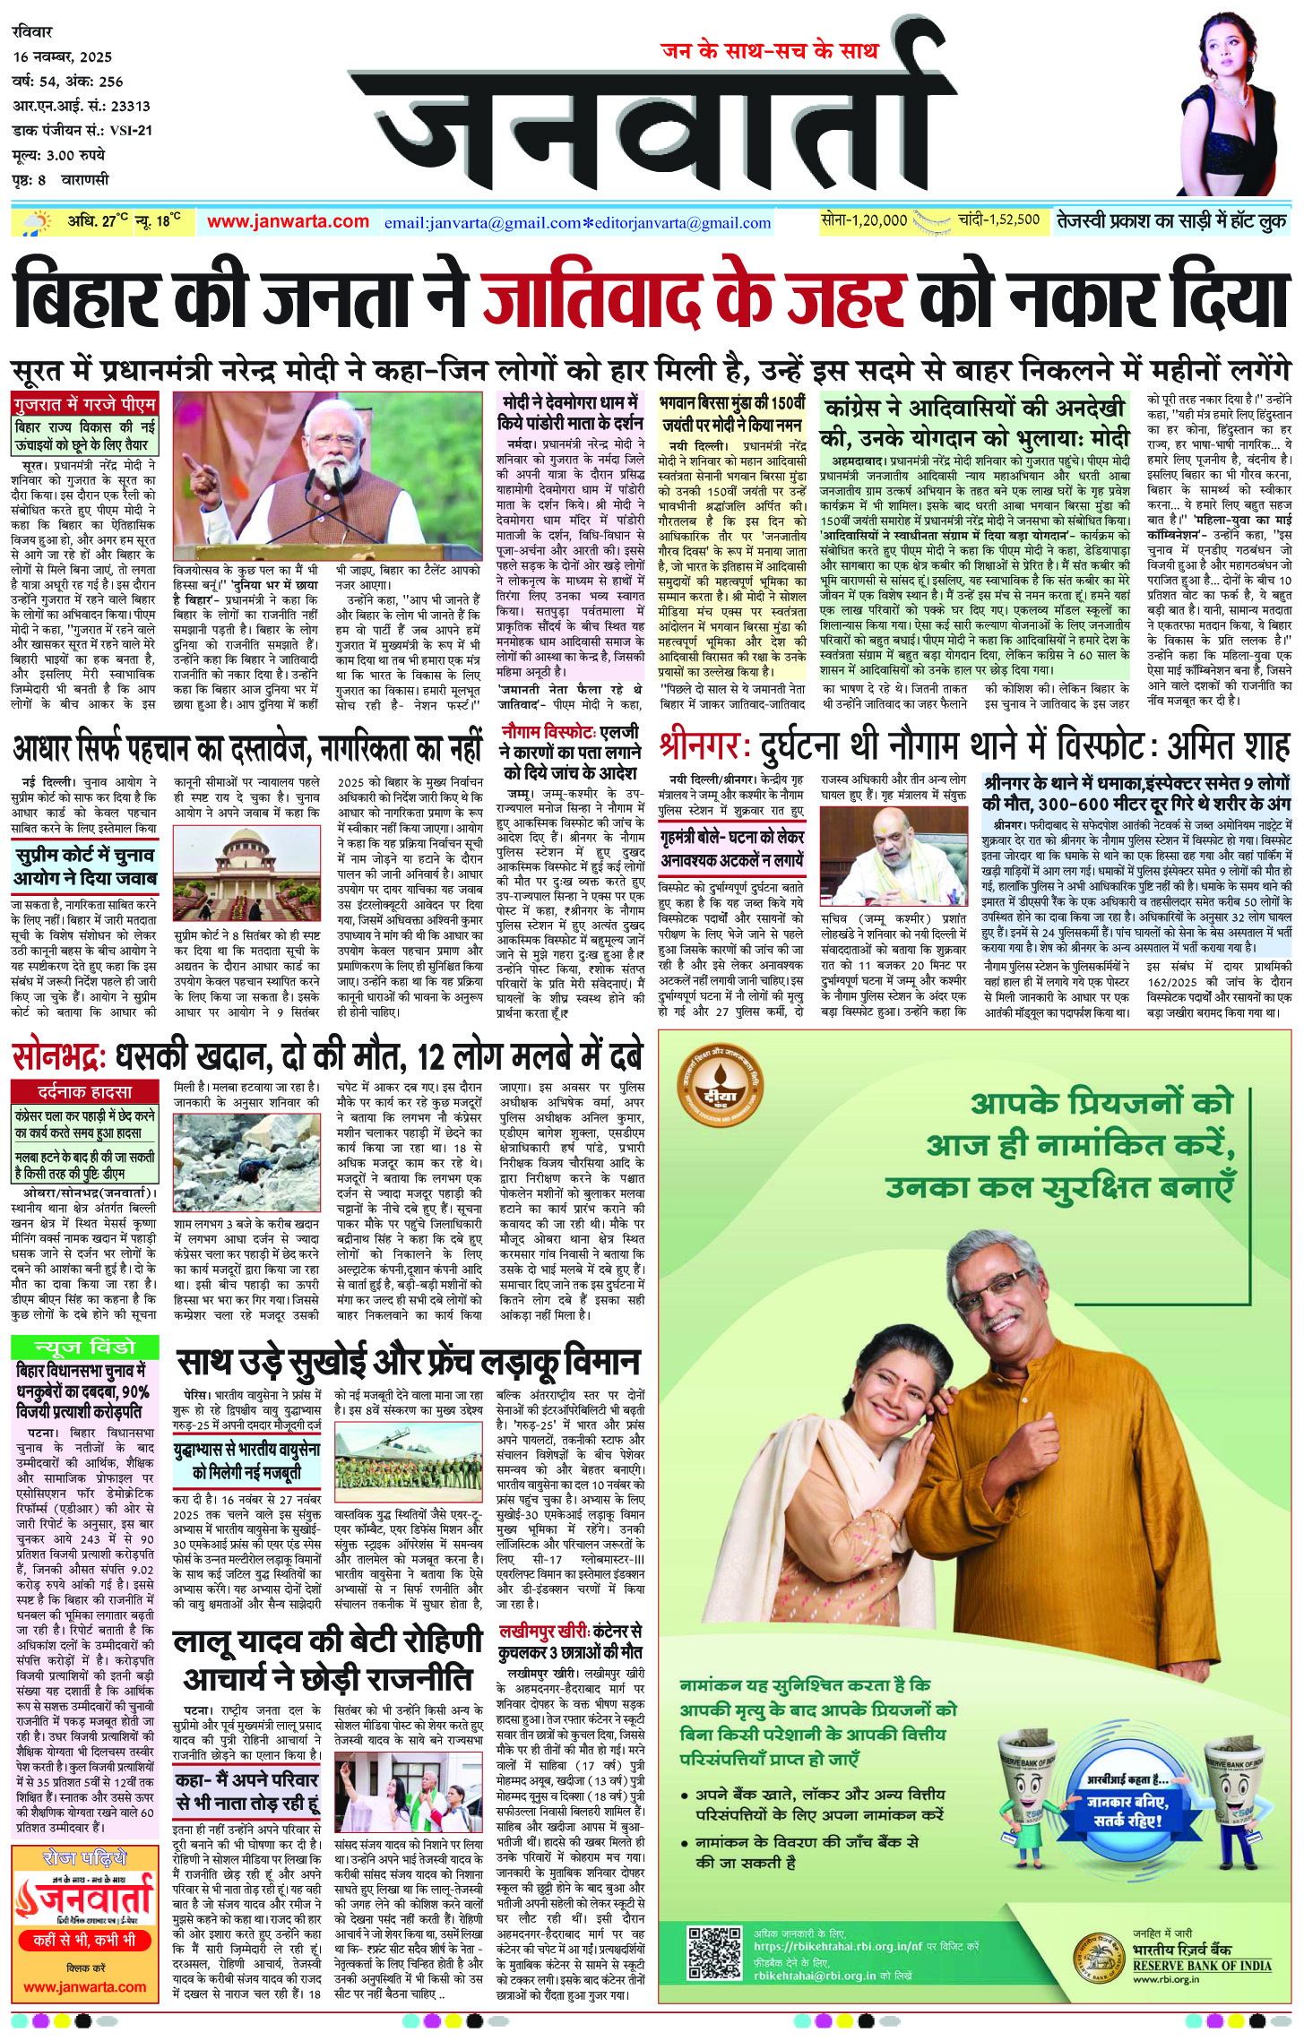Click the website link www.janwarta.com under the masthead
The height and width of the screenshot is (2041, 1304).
288,221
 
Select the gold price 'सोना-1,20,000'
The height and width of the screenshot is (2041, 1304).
864,220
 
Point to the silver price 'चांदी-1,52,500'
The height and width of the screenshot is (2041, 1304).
998,220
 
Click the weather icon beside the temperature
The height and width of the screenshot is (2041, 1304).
38,222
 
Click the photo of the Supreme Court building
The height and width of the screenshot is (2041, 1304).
246,873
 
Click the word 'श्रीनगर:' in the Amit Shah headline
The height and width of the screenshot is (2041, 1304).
704,746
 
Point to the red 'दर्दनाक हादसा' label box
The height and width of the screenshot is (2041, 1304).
84,1092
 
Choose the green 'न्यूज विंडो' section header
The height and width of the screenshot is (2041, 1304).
84,1348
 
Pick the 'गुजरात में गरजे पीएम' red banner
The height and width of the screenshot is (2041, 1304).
84,403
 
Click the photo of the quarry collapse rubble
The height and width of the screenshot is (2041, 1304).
246,1162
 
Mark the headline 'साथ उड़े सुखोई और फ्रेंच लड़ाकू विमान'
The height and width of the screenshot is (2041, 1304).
408,1362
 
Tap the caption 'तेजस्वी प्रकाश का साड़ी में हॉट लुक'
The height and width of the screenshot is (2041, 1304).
1171,220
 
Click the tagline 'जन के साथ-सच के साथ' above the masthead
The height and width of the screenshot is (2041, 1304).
769,51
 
